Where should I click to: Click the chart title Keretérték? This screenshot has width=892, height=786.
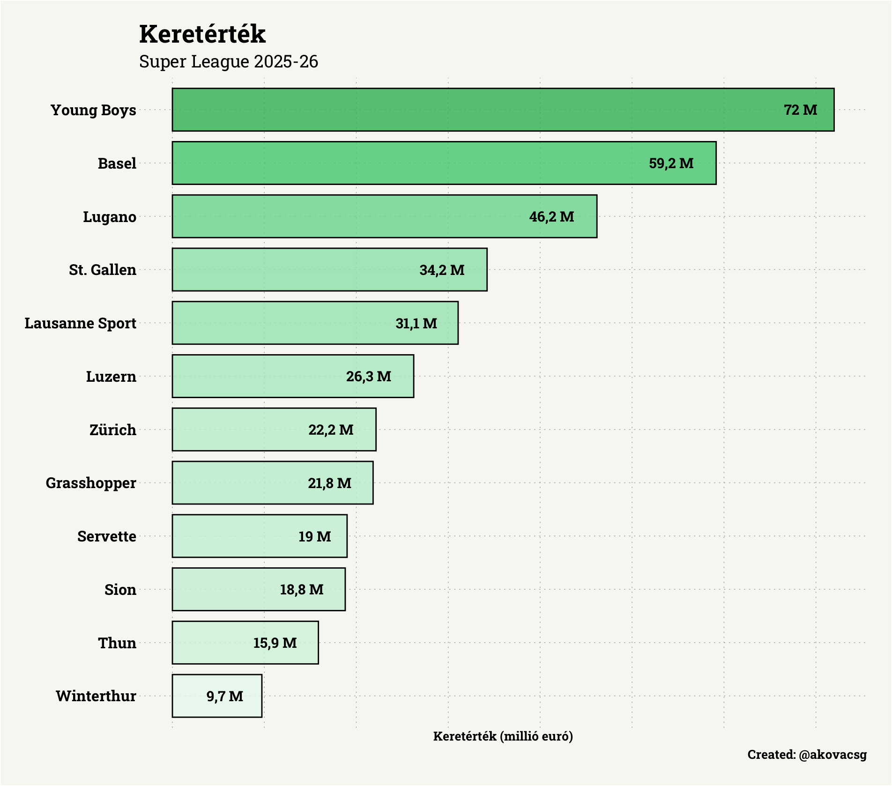tap(202, 34)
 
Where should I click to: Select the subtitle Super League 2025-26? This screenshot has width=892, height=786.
tap(228, 61)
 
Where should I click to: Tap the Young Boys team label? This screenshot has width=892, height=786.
tap(93, 110)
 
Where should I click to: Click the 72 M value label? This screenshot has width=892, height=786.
tap(800, 110)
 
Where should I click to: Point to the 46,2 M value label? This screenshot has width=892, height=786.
tap(551, 216)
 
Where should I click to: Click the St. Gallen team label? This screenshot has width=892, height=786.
tap(102, 270)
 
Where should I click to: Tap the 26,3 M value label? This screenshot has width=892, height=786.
tap(368, 377)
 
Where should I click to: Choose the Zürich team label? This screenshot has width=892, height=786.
tap(112, 430)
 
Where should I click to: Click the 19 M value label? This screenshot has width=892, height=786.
tap(314, 536)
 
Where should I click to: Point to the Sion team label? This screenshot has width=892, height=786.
tap(120, 590)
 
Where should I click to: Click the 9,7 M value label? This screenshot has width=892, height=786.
tap(224, 697)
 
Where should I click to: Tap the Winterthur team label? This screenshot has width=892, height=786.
tap(96, 696)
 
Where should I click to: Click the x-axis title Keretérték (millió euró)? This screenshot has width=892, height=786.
tap(503, 736)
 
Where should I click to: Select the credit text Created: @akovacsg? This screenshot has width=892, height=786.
tap(806, 755)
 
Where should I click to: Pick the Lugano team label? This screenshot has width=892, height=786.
tap(109, 217)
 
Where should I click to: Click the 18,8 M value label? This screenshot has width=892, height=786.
tap(301, 590)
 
